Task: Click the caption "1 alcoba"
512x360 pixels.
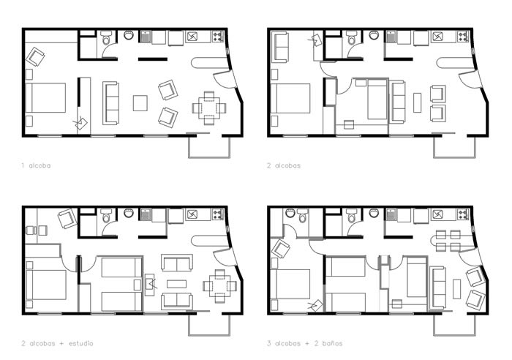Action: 36,165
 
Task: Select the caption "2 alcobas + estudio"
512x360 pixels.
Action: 58,343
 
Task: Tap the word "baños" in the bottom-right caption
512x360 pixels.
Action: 332,343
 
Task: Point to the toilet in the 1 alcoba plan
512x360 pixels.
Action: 106,38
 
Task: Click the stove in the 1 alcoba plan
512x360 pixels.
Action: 218,36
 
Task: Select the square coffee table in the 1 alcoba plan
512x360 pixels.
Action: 140,103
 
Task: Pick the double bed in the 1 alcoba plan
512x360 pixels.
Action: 45,98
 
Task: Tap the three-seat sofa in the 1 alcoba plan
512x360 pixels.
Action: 110,103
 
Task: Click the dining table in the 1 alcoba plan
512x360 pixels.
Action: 209,108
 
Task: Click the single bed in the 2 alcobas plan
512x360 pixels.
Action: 377,99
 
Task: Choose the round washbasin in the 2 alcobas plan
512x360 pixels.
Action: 374,35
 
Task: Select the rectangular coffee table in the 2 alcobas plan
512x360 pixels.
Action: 418,102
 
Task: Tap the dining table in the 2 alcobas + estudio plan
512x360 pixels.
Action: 219,286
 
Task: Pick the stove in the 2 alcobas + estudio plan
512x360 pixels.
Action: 218,214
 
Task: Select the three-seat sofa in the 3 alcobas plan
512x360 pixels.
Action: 437,288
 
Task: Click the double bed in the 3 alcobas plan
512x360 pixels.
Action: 290,284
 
